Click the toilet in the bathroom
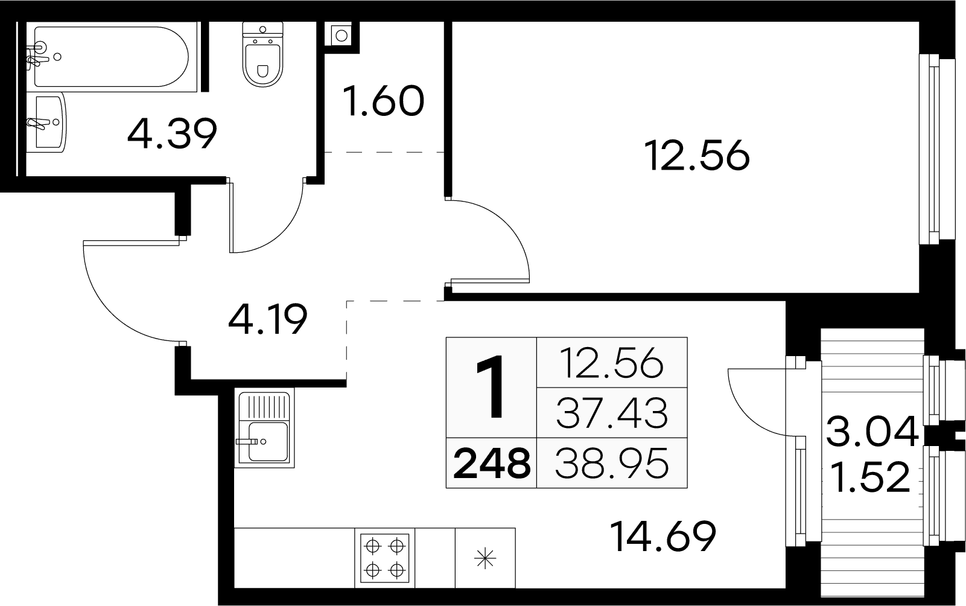point(262,54)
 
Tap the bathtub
point(112,57)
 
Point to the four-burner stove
point(385,558)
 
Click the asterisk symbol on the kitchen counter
point(485,558)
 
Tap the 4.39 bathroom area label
point(172,133)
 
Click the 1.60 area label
point(384,101)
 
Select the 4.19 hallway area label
point(268,319)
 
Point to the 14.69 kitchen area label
point(664,537)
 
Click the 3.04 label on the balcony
point(872,432)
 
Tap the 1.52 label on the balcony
point(869,477)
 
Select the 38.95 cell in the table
point(612,464)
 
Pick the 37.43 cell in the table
point(612,413)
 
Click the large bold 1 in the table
point(491,387)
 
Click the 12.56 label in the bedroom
point(697,156)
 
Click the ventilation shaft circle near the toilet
point(342,36)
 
